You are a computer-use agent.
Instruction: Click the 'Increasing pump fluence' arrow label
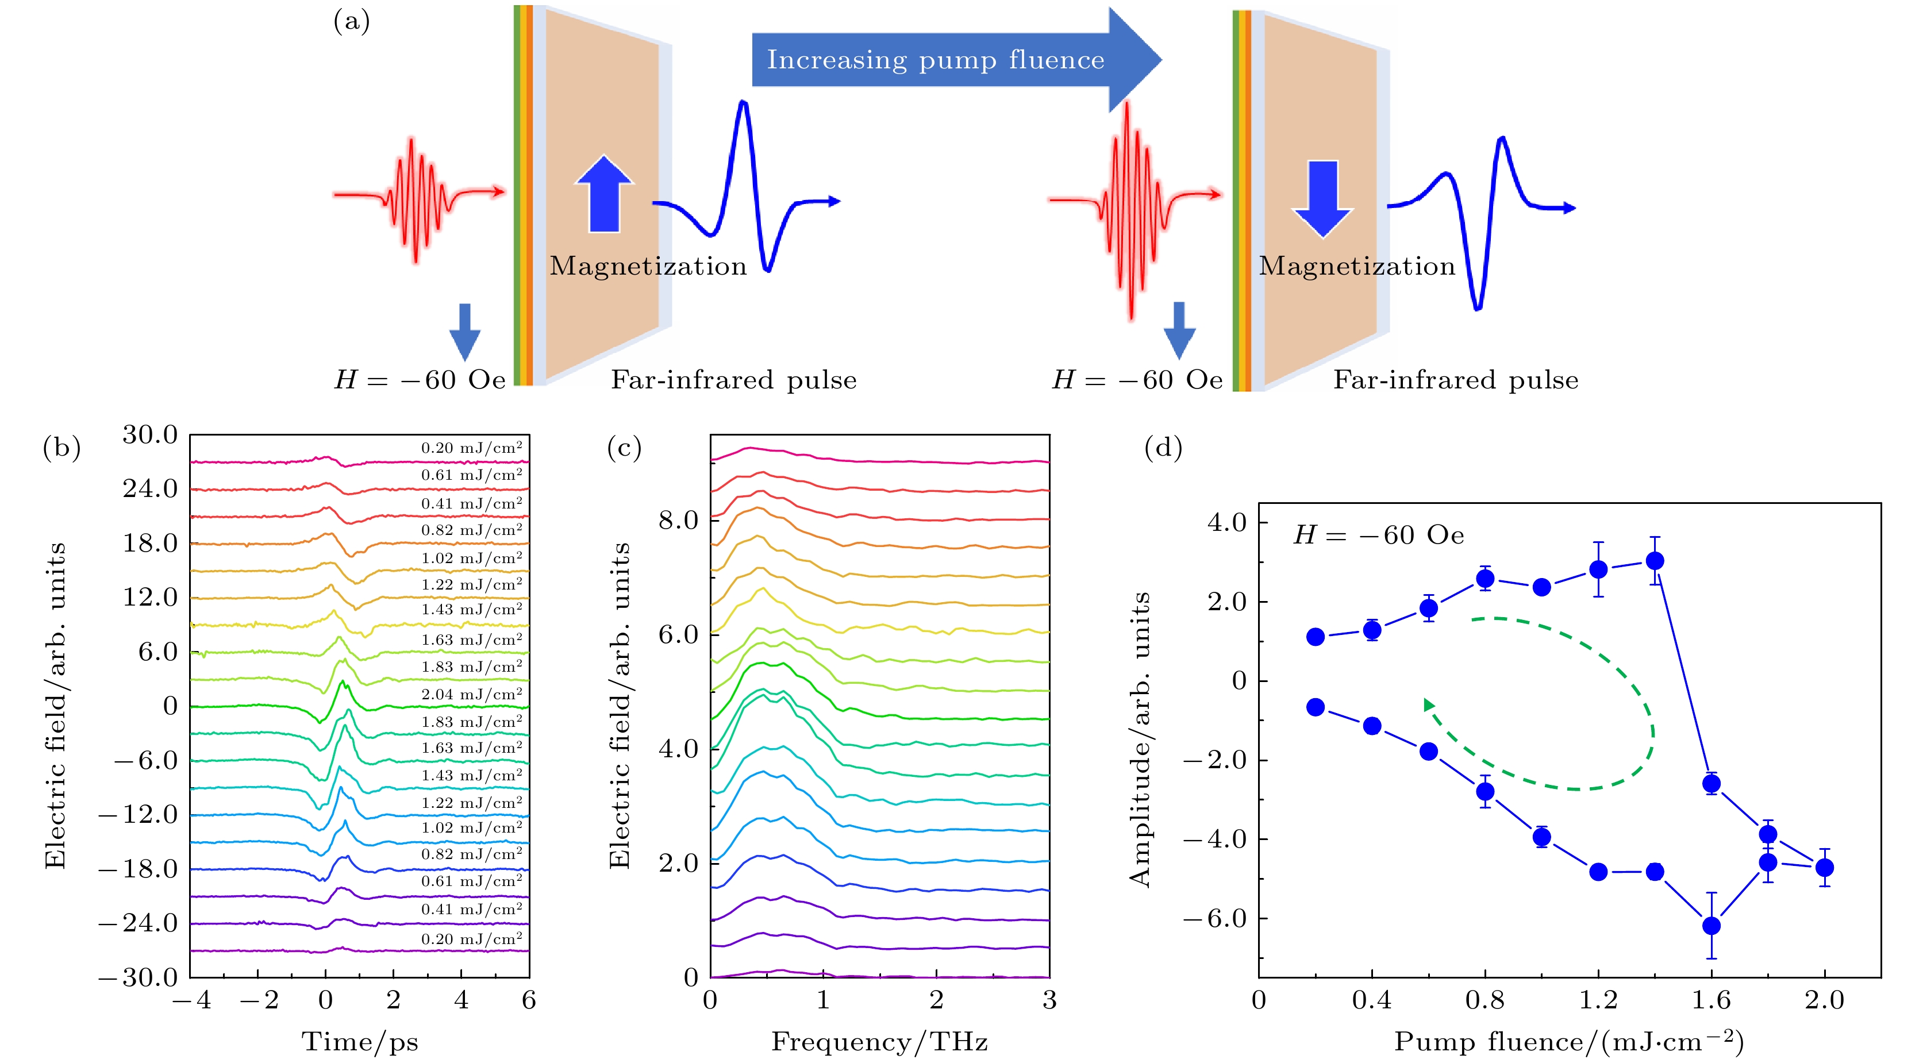pyautogui.click(x=936, y=60)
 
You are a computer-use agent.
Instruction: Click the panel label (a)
pyautogui.click(x=351, y=22)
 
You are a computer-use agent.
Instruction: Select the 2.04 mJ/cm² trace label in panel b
pyautogui.click(x=472, y=694)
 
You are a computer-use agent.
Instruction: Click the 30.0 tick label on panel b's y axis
pyautogui.click(x=150, y=434)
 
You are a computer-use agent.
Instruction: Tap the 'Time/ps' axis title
pyautogui.click(x=360, y=1041)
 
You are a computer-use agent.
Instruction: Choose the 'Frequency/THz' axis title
pyautogui.click(x=879, y=1041)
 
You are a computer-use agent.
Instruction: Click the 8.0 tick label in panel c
pyautogui.click(x=678, y=521)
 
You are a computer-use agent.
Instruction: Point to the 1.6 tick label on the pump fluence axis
pyautogui.click(x=1711, y=1000)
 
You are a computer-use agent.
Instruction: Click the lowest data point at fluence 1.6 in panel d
pyautogui.click(x=1711, y=926)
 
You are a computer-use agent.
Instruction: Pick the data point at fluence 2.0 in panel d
pyautogui.click(x=1825, y=868)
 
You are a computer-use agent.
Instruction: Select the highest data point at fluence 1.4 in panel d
pyautogui.click(x=1655, y=561)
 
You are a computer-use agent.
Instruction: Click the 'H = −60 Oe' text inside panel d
pyautogui.click(x=1379, y=535)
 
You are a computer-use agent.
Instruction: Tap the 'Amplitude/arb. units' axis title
pyautogui.click(x=1140, y=739)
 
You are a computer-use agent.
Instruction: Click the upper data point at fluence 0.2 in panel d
pyautogui.click(x=1316, y=637)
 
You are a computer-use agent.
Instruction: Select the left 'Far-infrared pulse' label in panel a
pyautogui.click(x=734, y=380)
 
